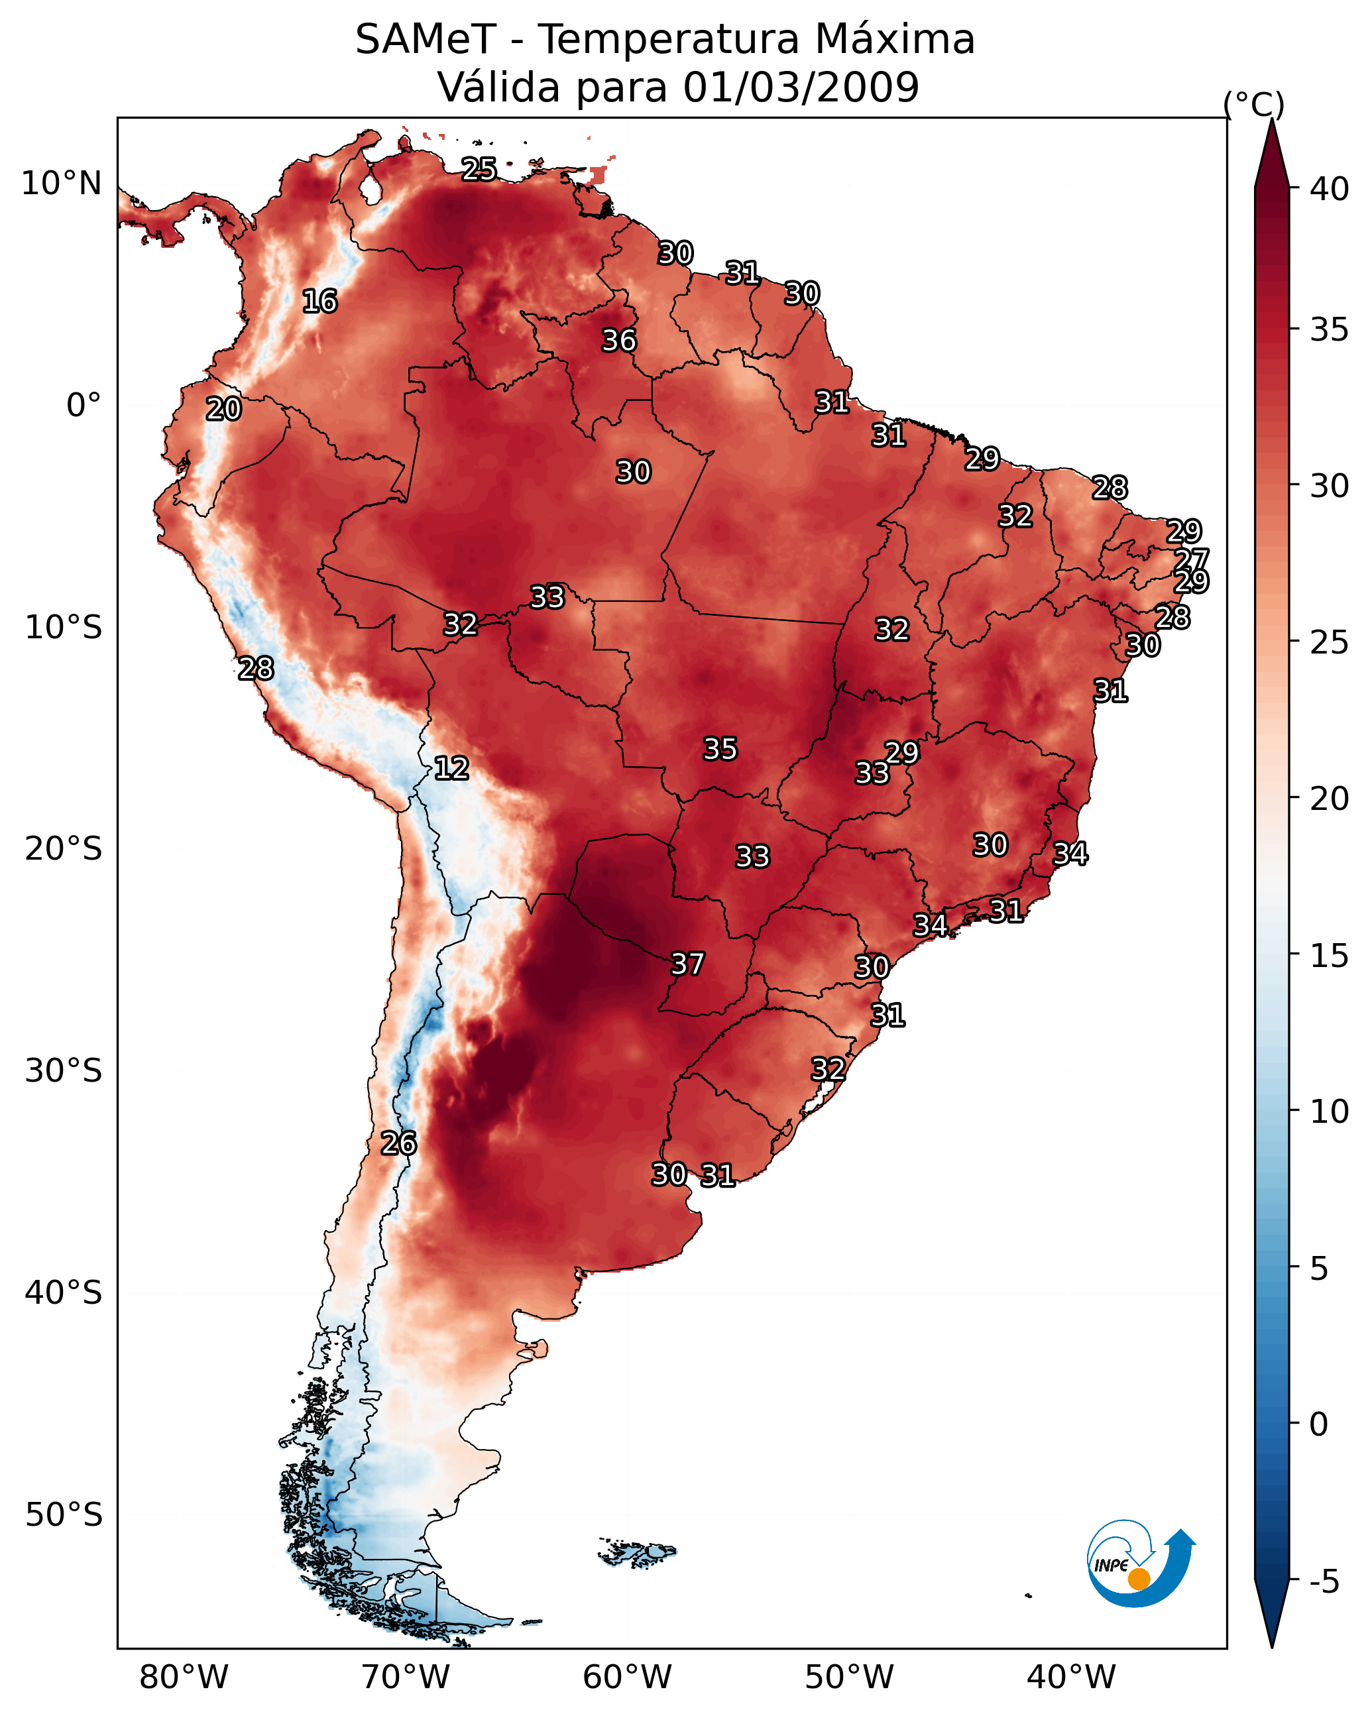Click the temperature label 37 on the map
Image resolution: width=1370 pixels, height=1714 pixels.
(687, 964)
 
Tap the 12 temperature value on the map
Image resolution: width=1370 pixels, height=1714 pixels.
(451, 768)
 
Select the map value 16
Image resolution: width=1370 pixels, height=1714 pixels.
(319, 302)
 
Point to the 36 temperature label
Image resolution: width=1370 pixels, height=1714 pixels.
(618, 340)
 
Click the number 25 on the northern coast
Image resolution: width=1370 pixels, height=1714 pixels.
(479, 169)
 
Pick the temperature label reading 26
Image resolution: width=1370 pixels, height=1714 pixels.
(398, 1143)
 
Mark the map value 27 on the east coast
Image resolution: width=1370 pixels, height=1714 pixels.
(1191, 559)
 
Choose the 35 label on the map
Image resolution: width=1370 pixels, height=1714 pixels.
(720, 749)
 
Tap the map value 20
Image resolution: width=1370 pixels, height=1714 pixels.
(223, 410)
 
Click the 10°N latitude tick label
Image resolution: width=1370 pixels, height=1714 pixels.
(61, 184)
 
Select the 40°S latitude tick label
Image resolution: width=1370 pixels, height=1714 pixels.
(64, 1292)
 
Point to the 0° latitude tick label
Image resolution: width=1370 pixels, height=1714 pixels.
(84, 406)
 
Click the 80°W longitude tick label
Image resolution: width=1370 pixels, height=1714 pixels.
(184, 1677)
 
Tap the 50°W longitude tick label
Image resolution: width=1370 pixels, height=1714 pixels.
(849, 1677)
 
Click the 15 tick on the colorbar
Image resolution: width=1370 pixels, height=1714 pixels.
(1329, 956)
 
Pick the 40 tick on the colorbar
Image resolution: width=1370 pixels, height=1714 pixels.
(1329, 189)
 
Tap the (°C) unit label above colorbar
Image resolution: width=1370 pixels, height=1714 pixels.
(1253, 104)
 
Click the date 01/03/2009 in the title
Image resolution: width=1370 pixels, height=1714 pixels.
(801, 87)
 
